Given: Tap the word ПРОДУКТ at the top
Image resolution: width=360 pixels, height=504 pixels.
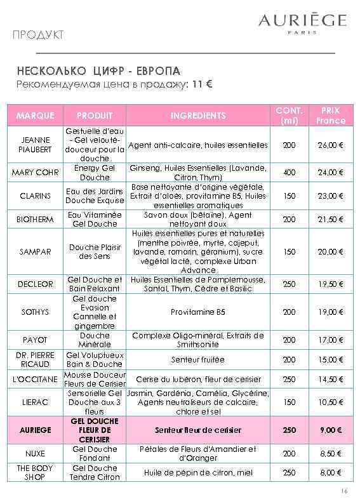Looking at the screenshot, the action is coord(37,35).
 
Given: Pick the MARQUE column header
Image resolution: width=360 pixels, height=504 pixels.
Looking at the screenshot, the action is coord(36,116).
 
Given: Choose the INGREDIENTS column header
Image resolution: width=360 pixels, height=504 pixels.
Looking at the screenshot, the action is coord(198,116).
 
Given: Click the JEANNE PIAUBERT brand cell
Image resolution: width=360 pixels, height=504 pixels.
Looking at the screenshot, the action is coord(36,145).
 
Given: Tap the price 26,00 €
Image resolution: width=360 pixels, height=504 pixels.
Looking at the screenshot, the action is coord(330,145).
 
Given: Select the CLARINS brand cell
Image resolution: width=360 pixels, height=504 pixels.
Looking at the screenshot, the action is coord(36,196).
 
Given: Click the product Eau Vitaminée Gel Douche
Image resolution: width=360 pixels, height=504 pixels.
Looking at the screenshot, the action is coord(95,220).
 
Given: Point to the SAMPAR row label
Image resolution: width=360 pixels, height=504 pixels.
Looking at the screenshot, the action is coord(36,252).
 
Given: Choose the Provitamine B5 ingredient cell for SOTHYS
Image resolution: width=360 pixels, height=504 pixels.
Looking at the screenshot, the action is coord(198,312).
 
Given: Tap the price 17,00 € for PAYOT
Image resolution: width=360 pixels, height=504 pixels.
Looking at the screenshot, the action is coord(330,340).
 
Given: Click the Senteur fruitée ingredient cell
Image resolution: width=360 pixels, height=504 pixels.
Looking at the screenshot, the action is coord(198,360).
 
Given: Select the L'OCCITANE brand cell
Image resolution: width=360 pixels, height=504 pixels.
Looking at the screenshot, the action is coord(36,380).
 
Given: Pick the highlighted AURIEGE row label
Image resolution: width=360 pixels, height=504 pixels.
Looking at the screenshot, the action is coord(36,430).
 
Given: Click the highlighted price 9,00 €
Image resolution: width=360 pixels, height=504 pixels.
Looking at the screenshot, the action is coord(330,430).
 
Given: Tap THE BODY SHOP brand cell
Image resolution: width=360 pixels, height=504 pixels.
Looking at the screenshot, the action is coord(36,473).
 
